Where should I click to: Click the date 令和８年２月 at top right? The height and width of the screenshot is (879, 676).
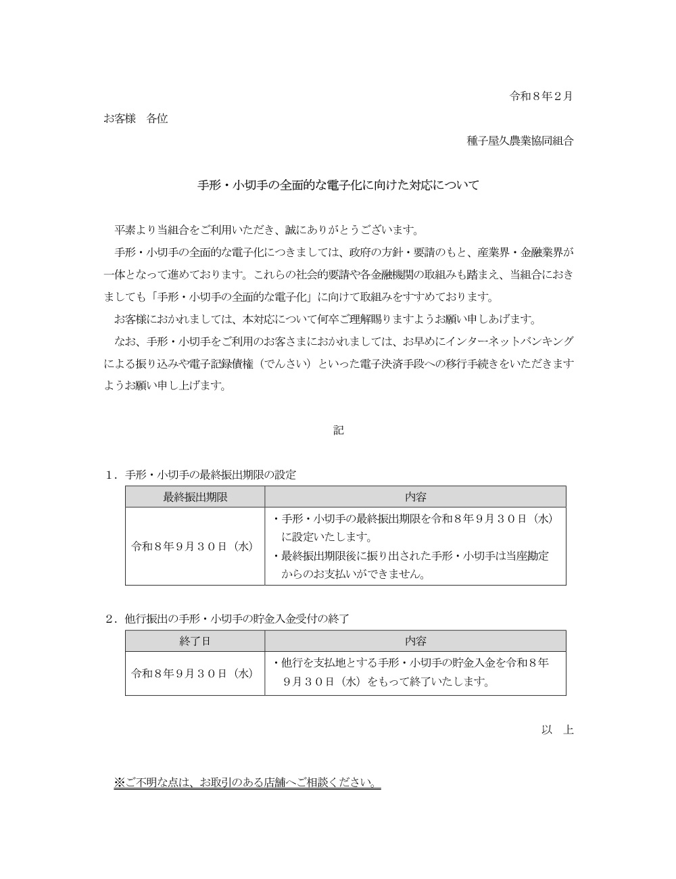pos(540,96)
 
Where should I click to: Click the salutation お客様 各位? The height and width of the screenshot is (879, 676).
pos(136,118)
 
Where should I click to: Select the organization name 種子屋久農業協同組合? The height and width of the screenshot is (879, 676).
pos(520,141)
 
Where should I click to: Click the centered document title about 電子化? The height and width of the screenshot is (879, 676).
pos(338,185)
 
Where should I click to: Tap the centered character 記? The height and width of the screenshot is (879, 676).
pos(338,430)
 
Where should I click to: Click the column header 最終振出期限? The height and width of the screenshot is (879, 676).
pos(195,497)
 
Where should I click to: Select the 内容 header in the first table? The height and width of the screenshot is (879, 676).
pos(415,497)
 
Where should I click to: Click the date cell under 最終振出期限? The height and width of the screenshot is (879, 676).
pos(193,546)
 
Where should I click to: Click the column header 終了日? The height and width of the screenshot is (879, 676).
pos(195,641)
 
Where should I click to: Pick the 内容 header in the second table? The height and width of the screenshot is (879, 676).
pos(415,641)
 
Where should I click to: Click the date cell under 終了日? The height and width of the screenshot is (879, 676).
pos(193,673)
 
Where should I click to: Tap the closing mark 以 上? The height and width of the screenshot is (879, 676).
pos(557,730)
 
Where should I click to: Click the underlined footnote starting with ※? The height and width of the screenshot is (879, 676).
pos(247,783)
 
